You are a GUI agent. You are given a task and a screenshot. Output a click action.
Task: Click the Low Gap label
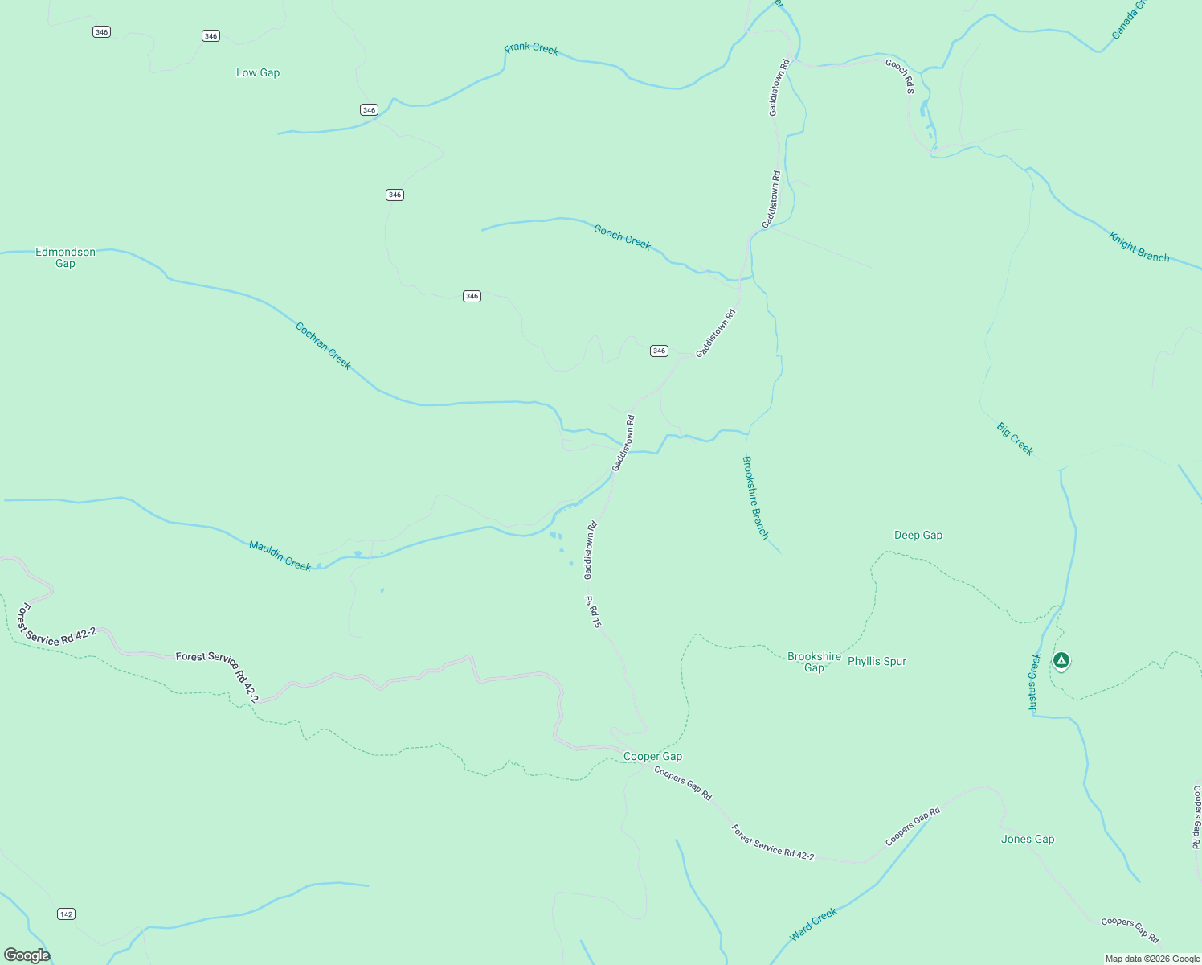tap(258, 72)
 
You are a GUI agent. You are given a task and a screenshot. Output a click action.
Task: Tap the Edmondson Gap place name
tap(65, 257)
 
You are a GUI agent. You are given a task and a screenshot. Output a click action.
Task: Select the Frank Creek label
tap(531, 49)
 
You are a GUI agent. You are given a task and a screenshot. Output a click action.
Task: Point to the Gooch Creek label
tap(622, 236)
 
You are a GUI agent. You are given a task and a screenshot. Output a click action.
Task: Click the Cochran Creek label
tap(323, 346)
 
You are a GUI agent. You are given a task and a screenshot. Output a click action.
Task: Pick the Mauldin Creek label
tap(280, 556)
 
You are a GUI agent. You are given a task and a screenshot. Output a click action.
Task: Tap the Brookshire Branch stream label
tap(755, 497)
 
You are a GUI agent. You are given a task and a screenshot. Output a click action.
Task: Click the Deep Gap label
tap(918, 535)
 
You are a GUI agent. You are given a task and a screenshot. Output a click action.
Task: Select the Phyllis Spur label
tap(877, 661)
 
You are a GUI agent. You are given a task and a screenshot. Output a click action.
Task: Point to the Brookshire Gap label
tap(814, 662)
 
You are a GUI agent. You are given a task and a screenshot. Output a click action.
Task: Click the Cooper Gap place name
tap(652, 756)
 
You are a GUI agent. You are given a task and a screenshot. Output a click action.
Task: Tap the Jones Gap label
tap(1028, 839)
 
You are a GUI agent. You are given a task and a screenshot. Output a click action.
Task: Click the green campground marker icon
tap(1061, 661)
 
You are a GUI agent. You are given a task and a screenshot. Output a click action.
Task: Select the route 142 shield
tap(66, 914)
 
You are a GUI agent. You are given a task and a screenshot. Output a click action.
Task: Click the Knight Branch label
tap(1139, 247)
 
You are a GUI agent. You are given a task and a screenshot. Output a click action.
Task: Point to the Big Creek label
tap(1015, 439)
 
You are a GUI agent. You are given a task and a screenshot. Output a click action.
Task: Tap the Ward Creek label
tap(813, 924)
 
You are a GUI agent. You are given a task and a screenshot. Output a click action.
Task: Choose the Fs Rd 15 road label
tap(593, 611)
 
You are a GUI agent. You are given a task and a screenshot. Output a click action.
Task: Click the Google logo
tap(27, 955)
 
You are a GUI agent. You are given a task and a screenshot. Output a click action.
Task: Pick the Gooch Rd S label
tap(900, 76)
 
